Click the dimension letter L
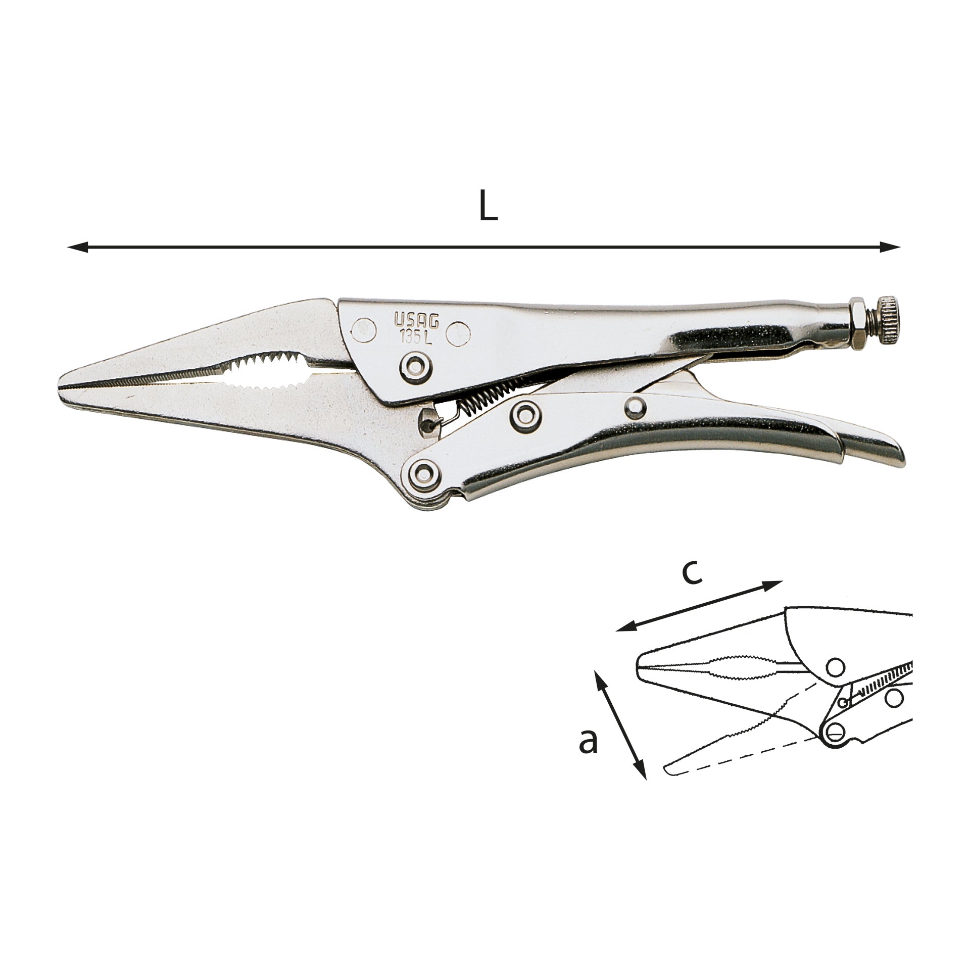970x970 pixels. (x=488, y=206)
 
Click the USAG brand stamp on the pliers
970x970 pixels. (x=416, y=320)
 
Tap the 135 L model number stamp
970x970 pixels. (x=417, y=336)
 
